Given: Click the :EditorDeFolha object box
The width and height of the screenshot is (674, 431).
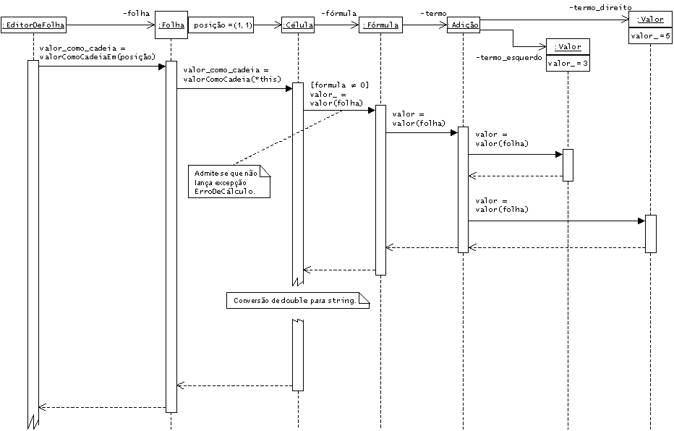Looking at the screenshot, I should point(33,25).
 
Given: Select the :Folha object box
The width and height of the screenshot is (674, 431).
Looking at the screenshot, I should point(171,25).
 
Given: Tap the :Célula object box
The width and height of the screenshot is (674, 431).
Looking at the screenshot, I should point(297,25).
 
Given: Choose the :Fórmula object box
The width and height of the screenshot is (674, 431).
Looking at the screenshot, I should point(380,25).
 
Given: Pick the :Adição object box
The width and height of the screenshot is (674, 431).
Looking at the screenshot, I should point(463,25).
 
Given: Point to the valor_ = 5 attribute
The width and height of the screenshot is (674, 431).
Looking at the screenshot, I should point(650,35).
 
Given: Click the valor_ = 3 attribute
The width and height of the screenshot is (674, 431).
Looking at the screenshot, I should point(568,63).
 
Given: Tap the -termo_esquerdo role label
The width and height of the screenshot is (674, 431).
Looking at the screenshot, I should point(508,57).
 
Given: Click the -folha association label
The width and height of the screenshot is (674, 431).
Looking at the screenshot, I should point(136,13).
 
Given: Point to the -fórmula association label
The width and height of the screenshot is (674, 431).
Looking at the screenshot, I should point(338,13).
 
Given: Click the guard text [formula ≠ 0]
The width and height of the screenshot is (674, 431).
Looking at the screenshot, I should point(339,85).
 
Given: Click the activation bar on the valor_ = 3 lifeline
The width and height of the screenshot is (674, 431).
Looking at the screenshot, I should point(568,165).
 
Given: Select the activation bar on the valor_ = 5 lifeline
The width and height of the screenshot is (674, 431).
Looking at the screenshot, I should point(650,233).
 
